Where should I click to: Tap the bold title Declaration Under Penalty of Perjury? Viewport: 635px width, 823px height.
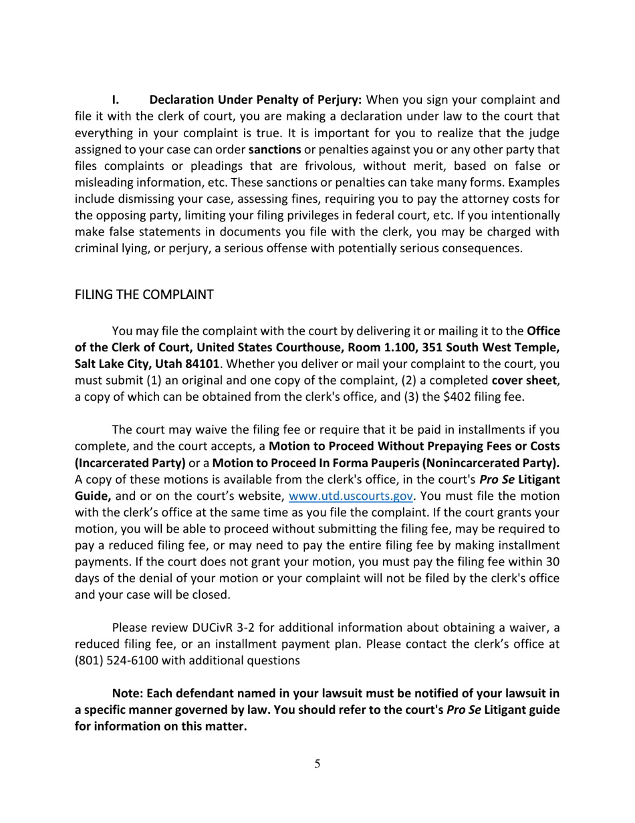[x=255, y=100]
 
